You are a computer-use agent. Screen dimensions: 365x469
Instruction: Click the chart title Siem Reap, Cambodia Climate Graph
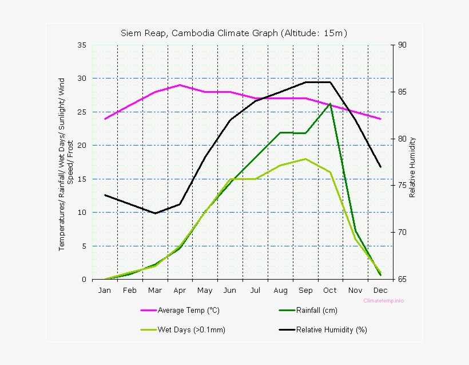pos(233,33)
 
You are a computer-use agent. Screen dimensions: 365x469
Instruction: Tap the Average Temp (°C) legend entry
pos(188,311)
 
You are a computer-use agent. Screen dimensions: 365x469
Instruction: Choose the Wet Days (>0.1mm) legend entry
pos(192,329)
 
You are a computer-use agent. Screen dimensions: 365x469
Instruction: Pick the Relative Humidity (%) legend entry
pos(331,329)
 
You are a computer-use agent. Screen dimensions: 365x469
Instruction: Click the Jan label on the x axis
pos(105,290)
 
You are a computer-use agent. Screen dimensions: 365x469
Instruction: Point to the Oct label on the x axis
pos(330,290)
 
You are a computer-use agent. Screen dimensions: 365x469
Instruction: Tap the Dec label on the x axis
pos(380,290)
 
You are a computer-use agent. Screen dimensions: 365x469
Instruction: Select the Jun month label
pos(230,290)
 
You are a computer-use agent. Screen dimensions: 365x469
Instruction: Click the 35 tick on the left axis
pos(82,45)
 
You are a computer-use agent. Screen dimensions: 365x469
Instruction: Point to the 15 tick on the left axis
pos(82,179)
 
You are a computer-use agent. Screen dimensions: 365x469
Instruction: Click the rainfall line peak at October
pos(331,104)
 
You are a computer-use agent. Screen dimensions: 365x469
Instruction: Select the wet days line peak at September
pos(305,159)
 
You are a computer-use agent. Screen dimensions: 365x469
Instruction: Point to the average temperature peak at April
pos(180,85)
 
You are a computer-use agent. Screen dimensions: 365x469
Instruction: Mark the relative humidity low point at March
pos(155,213)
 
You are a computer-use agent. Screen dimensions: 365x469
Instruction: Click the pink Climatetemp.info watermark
pos(383,300)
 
